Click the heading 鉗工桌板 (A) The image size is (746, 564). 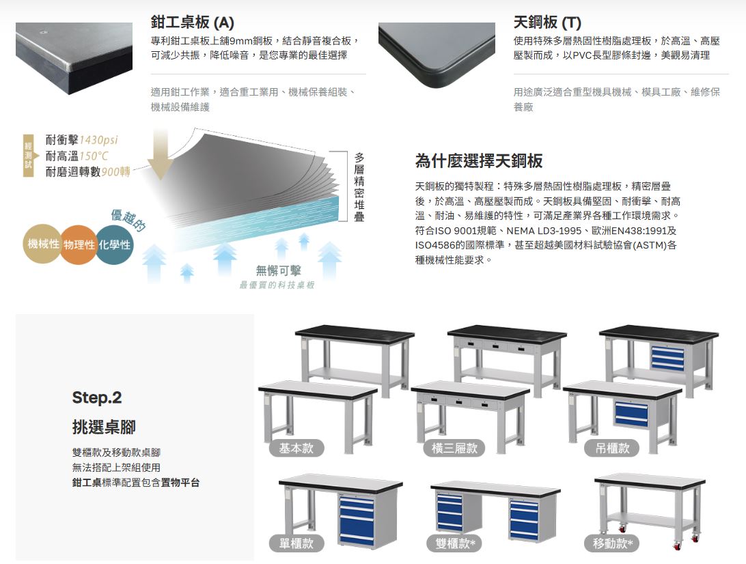pyautogui.click(x=192, y=23)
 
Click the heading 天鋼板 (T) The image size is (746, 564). pyautogui.click(x=547, y=23)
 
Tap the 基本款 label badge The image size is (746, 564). pyautogui.click(x=296, y=448)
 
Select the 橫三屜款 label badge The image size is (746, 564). pyautogui.click(x=454, y=448)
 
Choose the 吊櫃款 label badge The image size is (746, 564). pyautogui.click(x=612, y=448)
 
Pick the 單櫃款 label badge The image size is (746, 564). pyautogui.click(x=296, y=543)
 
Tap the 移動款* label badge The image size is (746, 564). pyautogui.click(x=612, y=543)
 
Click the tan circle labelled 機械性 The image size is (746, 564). pyautogui.click(x=43, y=244)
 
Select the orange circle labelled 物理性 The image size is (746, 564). pyautogui.click(x=79, y=244)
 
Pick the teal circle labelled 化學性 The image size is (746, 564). pyautogui.click(x=114, y=244)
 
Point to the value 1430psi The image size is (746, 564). pyautogui.click(x=98, y=140)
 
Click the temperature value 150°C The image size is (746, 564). pyautogui.click(x=94, y=156)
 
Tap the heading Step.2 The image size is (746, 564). pyautogui.click(x=97, y=397)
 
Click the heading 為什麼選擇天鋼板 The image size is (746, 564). pyautogui.click(x=479, y=161)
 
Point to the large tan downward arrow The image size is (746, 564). pyautogui.click(x=161, y=153)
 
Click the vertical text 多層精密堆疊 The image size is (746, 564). pyautogui.click(x=359, y=187)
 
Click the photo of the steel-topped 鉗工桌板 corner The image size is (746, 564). pyautogui.click(x=74, y=58)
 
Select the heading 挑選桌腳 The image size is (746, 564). pyautogui.click(x=104, y=427)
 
